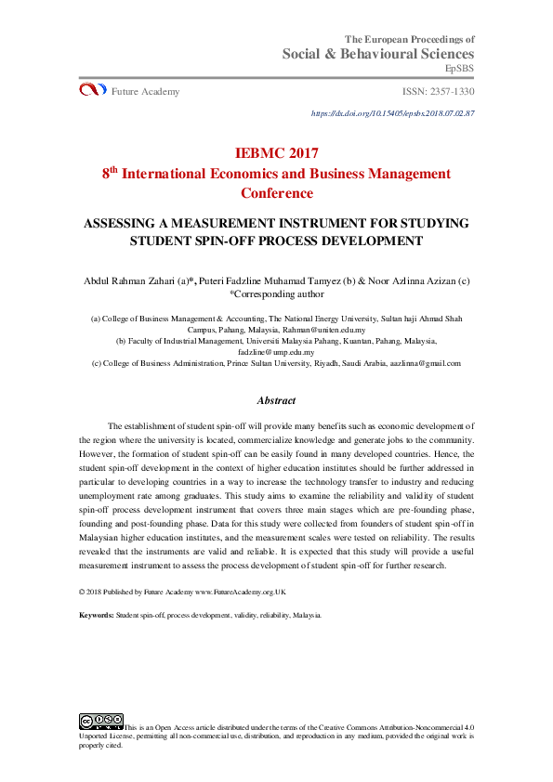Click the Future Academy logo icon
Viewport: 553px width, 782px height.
93,90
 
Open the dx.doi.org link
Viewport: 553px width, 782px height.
393,113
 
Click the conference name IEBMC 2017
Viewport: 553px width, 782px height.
277,153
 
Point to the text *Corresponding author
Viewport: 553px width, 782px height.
277,293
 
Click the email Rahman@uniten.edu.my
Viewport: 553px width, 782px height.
323,330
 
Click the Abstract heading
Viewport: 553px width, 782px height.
276,401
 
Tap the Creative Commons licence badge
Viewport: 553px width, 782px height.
101,720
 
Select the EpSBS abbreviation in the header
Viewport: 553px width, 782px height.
459,70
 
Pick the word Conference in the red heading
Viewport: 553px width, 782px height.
277,194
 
